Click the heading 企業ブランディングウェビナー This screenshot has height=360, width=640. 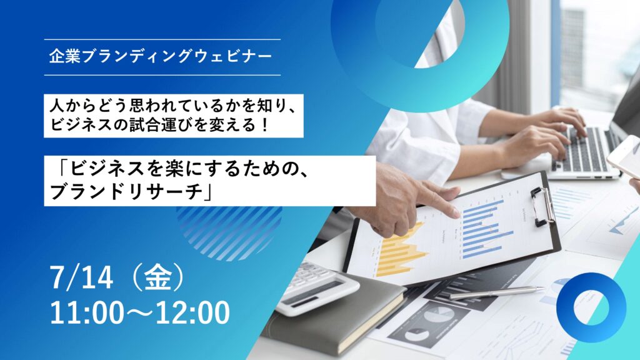tap(161, 57)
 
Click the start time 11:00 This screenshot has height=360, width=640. tap(86, 312)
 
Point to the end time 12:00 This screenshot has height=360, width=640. tap(192, 312)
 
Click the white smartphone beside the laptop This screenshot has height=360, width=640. tap(624, 157)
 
